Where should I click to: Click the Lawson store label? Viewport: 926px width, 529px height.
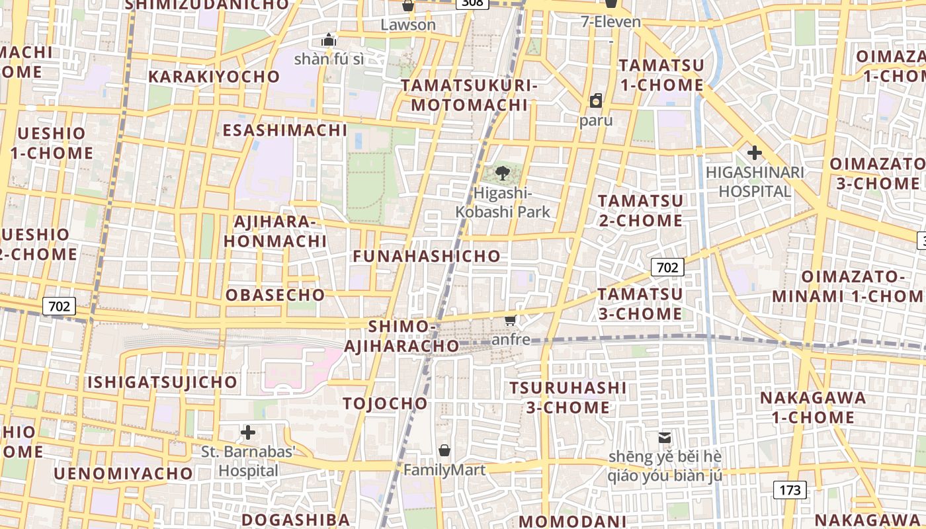coord(408,25)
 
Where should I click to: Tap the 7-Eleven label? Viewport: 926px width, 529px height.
coord(610,22)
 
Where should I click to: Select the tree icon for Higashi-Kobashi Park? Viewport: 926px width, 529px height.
coord(503,174)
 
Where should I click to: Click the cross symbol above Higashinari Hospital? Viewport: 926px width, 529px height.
coord(754,153)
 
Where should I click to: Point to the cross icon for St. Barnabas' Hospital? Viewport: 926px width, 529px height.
coord(248,433)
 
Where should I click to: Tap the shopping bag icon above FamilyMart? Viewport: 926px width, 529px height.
coord(444,451)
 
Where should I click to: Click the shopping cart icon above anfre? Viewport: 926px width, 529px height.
coord(510,321)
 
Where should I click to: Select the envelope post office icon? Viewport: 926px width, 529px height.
coord(665,438)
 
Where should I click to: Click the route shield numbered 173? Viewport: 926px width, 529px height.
coord(790,490)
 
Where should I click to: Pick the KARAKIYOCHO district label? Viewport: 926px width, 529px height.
coord(214,77)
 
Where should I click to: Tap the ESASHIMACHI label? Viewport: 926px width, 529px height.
coord(285,130)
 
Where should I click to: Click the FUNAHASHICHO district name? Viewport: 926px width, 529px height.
coord(427,257)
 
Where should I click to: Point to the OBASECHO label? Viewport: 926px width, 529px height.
coord(275,295)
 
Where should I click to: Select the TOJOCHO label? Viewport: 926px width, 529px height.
coord(385,403)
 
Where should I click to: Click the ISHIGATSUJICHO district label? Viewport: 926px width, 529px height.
coord(162,382)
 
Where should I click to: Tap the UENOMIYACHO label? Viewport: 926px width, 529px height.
coord(123,473)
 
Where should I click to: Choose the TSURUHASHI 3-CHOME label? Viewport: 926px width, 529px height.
coord(568,397)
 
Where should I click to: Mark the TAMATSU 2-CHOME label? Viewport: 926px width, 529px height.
coord(640,210)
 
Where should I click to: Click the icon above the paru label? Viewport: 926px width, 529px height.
coord(595,101)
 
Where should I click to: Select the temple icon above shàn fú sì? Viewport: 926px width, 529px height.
coord(329,40)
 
